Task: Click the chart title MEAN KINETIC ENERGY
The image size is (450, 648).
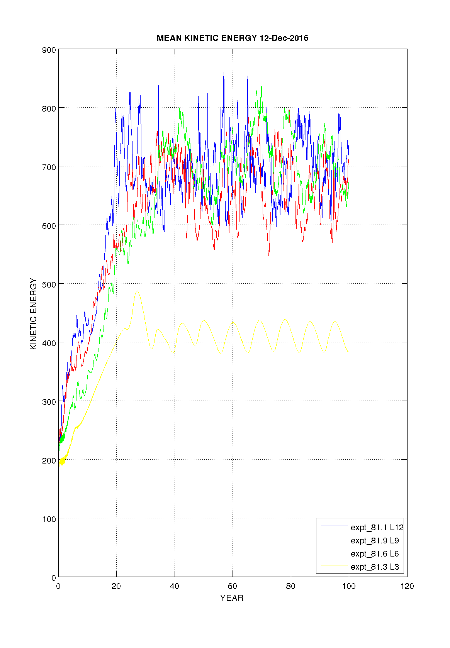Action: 207,38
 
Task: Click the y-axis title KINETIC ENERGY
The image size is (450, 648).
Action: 34,314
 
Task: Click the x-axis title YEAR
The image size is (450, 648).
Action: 232,598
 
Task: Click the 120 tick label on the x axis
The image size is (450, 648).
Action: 407,586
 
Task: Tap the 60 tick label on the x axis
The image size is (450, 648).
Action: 233,586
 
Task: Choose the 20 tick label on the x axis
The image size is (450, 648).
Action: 116,586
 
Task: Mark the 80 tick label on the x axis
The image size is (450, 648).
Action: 290,586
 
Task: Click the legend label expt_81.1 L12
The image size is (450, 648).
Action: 377,527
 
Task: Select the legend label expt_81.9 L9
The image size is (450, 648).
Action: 375,540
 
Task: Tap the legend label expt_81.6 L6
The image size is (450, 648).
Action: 375,553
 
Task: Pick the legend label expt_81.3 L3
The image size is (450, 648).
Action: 375,567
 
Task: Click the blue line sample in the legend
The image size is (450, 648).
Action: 335,526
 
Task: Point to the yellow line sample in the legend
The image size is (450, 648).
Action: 335,565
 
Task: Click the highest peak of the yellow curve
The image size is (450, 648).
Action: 137,291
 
